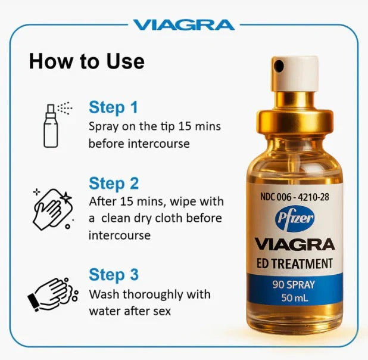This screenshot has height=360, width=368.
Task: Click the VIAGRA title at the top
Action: tap(184, 25)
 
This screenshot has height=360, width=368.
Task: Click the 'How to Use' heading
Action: tap(86, 61)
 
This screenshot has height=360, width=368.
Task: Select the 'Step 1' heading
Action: tap(113, 107)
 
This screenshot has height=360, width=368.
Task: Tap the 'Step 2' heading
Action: tap(114, 183)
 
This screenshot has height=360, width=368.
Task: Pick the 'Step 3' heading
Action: tap(114, 275)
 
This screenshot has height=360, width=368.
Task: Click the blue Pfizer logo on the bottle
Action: tap(295, 219)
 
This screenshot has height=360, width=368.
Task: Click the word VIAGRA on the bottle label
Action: tap(295, 244)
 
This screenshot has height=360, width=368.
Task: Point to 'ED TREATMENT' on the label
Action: tap(295, 263)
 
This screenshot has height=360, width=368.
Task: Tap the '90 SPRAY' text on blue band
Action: tap(295, 284)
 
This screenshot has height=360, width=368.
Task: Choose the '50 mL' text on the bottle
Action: tap(295, 299)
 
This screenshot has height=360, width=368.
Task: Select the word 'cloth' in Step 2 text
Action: tap(185, 218)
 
